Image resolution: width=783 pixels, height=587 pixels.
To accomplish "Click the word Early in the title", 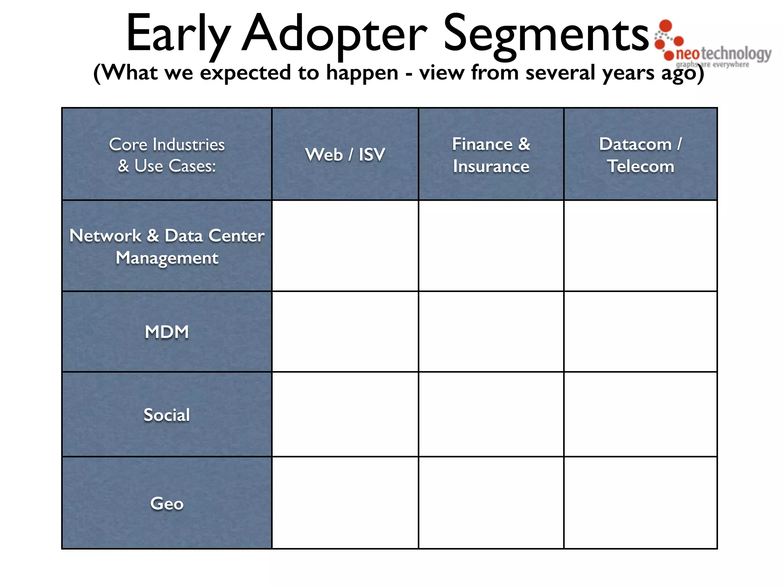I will point(178,34).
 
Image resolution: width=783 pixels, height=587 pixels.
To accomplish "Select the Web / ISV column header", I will point(345,155).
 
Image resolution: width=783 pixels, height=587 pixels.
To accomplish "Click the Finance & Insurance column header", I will point(491,155).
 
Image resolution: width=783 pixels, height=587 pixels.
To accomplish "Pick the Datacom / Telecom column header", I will point(640,155).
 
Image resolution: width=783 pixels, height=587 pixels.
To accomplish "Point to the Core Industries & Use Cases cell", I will point(167,155).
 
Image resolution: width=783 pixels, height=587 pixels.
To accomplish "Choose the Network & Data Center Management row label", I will point(167,246).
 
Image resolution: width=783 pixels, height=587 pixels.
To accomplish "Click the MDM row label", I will point(167,332).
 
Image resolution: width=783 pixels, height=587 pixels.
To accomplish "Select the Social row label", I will point(167,415).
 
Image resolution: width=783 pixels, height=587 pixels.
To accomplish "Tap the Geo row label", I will point(167,503).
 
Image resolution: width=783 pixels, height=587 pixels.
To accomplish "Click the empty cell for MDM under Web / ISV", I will point(345,332).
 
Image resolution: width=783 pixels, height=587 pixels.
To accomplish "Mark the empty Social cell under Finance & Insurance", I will point(491,415).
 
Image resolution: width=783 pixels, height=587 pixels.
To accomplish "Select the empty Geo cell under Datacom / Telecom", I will point(640,503).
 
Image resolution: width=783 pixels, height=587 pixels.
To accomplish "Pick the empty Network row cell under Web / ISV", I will point(345,246).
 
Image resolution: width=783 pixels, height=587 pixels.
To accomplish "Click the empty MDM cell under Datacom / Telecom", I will point(640,332).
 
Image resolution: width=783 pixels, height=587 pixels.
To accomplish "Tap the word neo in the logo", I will point(687,54).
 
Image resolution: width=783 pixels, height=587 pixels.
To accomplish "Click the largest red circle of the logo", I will point(666,26).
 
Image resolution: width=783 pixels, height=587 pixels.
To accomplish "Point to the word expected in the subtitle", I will point(245,73).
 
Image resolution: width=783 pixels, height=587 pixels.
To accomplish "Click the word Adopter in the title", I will point(335,34).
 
